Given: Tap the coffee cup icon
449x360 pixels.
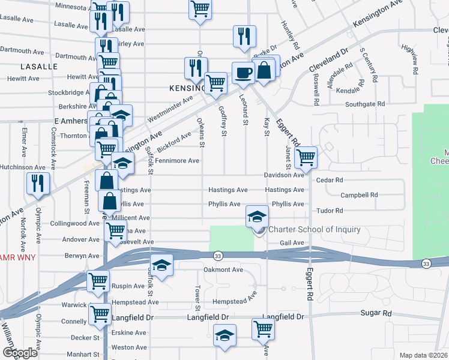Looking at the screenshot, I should click(243, 73).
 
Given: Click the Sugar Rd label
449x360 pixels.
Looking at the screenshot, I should click(376, 313).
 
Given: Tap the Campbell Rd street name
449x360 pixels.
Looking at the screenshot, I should click(358, 195).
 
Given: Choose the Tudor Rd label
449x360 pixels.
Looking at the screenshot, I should click(330, 211).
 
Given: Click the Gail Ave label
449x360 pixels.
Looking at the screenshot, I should click(292, 242).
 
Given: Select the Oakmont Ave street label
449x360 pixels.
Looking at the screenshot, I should click(223, 269).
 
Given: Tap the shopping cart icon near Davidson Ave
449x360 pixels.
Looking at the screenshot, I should click(306, 158).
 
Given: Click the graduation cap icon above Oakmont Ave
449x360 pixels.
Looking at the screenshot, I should click(161, 265).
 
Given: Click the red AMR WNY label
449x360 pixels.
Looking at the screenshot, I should click(18, 257).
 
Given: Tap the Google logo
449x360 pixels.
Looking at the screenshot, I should click(20, 353).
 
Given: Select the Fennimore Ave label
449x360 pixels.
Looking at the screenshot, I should click(177, 161).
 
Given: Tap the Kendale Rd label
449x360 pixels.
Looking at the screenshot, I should click(348, 90).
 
